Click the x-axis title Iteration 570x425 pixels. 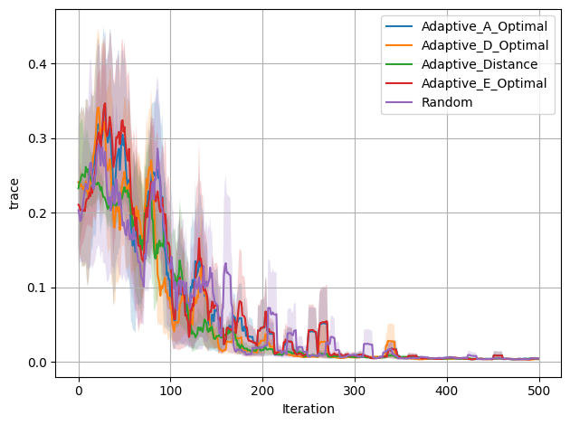pos(308,409)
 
